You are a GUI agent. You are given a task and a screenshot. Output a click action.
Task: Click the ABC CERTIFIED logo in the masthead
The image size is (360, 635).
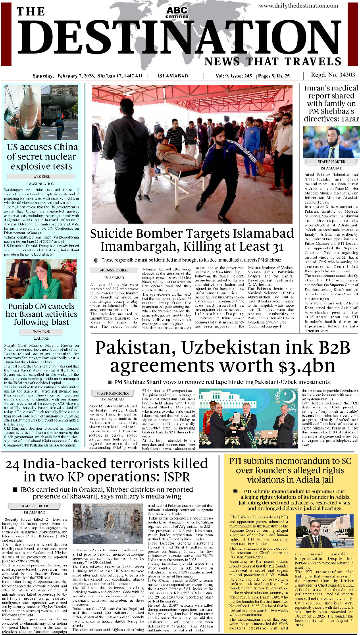tap(177, 12)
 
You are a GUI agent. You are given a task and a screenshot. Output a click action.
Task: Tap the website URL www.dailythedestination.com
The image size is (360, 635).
tap(298, 6)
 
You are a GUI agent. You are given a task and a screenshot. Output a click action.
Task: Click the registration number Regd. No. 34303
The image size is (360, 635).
tap(333, 75)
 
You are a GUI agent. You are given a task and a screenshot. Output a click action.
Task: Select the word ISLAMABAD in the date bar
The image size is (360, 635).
tap(173, 76)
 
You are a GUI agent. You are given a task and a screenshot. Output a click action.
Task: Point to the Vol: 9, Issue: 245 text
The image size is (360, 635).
tap(233, 76)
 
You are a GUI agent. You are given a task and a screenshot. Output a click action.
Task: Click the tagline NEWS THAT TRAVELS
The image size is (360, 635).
tap(273, 62)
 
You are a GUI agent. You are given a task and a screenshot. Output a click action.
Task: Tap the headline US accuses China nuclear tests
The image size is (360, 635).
tap(42, 156)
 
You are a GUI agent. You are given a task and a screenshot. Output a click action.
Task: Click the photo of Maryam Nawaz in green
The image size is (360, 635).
tap(42, 279)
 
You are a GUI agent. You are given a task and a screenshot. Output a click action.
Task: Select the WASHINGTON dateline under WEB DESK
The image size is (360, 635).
tap(41, 184)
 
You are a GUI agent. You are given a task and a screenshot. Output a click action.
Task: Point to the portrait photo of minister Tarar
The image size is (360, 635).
tap(331, 142)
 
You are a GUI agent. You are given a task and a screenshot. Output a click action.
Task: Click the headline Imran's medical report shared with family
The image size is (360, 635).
tap(331, 103)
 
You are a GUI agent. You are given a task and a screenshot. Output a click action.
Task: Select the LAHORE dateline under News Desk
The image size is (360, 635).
tap(41, 338)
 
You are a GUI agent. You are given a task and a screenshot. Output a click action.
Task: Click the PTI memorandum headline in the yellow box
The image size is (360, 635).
tap(290, 470)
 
